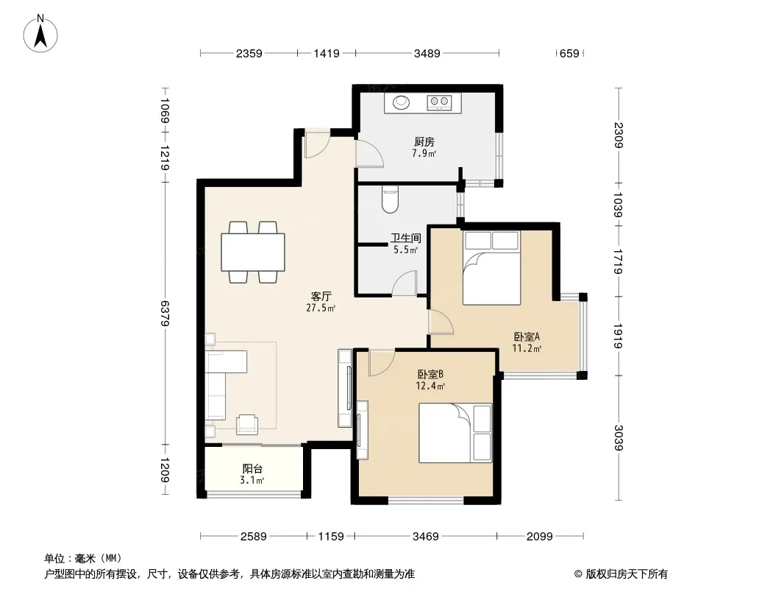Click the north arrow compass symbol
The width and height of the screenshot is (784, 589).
pyautogui.click(x=40, y=34)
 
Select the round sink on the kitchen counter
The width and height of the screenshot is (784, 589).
pyautogui.click(x=401, y=102)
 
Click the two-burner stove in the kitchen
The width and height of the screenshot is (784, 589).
pyautogui.click(x=440, y=103)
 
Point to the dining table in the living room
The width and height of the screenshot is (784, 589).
pyautogui.click(x=253, y=253)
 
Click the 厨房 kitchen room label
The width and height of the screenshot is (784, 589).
pyautogui.click(x=424, y=141)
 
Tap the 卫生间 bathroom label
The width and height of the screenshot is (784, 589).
pyautogui.click(x=405, y=239)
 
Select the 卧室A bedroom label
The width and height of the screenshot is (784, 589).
pyautogui.click(x=527, y=336)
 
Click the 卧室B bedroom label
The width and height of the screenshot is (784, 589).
pyautogui.click(x=430, y=374)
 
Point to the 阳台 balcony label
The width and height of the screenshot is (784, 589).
pyautogui.click(x=252, y=469)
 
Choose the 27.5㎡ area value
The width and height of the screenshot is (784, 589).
pyautogui.click(x=321, y=308)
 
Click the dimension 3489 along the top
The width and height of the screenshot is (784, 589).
pyautogui.click(x=427, y=53)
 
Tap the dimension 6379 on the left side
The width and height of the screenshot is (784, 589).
pyautogui.click(x=165, y=313)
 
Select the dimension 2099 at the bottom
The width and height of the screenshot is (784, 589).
pyautogui.click(x=540, y=537)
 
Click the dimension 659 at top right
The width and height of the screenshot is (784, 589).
pyautogui.click(x=569, y=53)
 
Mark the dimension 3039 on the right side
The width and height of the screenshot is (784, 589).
pyautogui.click(x=619, y=437)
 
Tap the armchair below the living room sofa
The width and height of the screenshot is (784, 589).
pyautogui.click(x=247, y=424)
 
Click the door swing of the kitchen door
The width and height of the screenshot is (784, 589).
pyautogui.click(x=369, y=153)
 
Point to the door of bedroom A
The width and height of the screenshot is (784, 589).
pyautogui.click(x=441, y=322)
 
